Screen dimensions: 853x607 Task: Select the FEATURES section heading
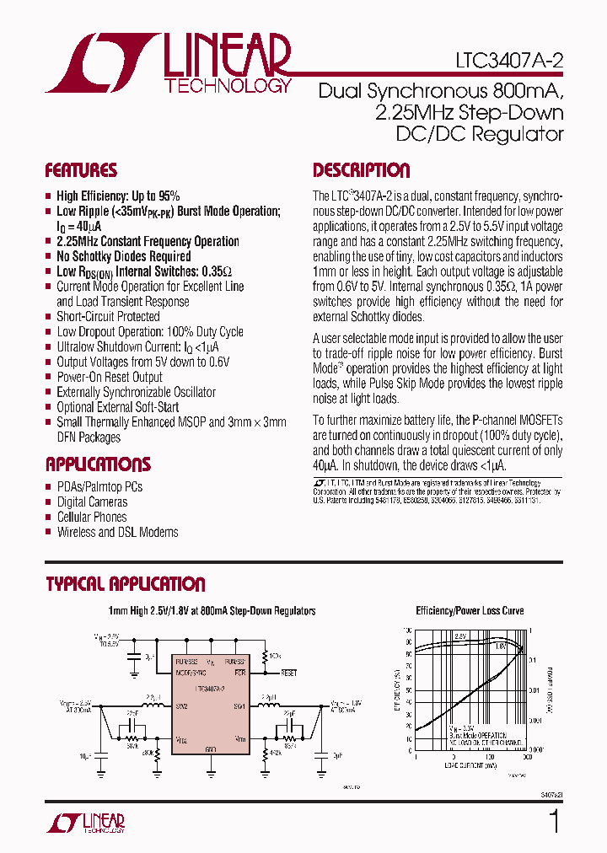[81, 170]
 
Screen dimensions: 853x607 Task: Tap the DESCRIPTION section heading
[361, 170]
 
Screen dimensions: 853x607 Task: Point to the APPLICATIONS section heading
[98, 464]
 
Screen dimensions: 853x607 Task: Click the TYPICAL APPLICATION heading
[125, 584]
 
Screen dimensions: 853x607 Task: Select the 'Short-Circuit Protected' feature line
[108, 317]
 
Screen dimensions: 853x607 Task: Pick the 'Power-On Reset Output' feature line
[110, 378]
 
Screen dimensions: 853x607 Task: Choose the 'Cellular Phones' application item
[92, 517]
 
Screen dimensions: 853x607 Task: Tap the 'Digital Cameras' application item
[93, 502]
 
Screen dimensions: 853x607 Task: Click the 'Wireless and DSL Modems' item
[118, 532]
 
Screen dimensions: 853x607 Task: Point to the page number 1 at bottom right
[554, 821]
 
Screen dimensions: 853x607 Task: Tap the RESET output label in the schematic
[289, 673]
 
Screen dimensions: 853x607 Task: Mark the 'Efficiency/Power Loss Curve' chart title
[470, 611]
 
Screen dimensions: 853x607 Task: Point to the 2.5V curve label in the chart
[460, 636]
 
